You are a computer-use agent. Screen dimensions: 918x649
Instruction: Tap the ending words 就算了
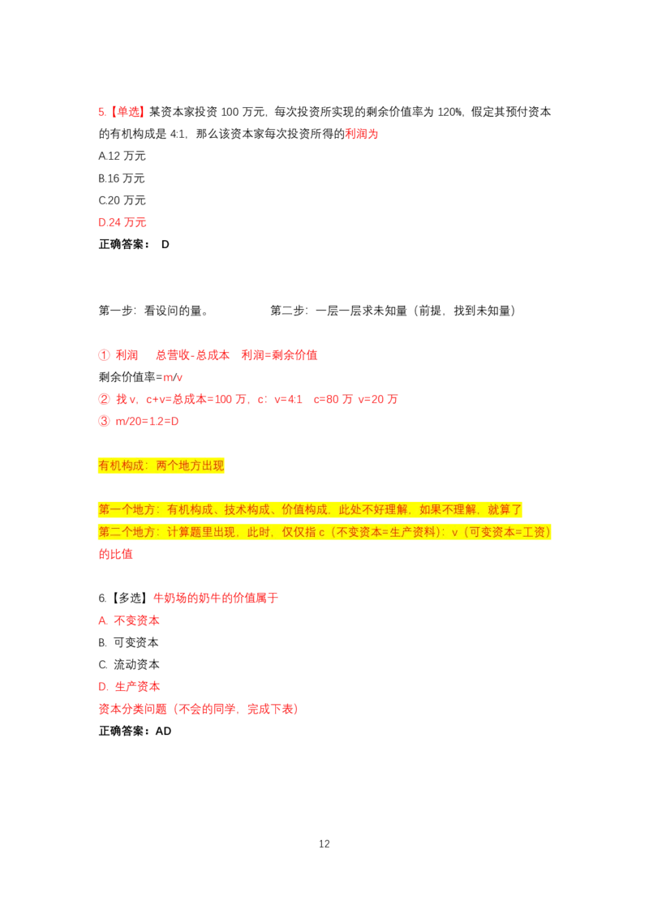[505, 509]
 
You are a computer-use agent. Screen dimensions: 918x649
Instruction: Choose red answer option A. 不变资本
[129, 621]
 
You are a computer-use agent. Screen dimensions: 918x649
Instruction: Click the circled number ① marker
[104, 355]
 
